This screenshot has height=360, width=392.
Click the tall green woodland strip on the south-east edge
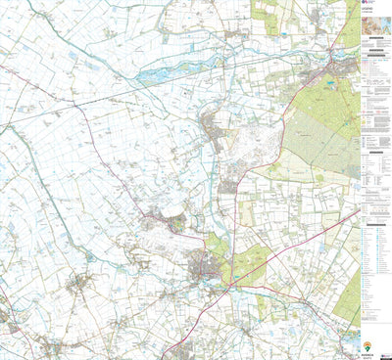point(348,293)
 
